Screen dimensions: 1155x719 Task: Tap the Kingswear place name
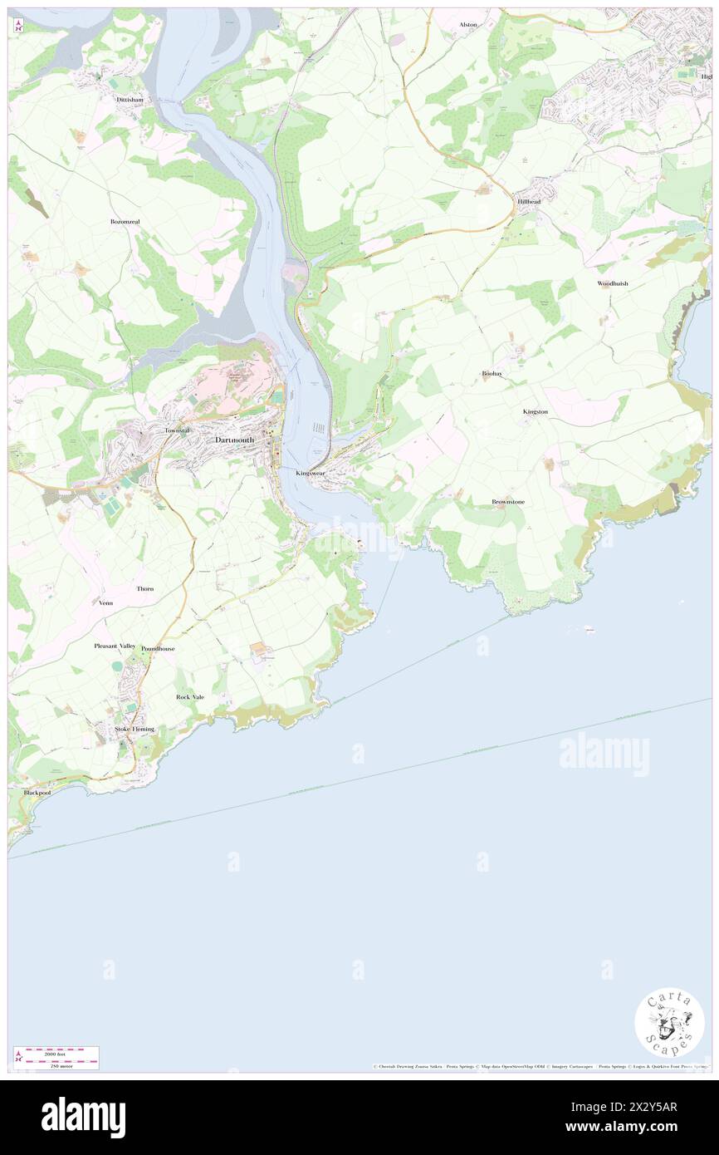coord(311,473)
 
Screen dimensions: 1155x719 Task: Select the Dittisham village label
coord(131,97)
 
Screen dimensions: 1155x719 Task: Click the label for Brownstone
coord(508,502)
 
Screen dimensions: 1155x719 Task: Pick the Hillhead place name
coord(529,202)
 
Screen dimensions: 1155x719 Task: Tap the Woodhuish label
coord(613,283)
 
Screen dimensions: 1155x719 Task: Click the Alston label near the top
coord(468,25)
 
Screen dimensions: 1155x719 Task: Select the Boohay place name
coord(492,374)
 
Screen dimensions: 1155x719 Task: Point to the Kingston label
coord(536,411)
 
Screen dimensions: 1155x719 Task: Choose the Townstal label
coord(178,430)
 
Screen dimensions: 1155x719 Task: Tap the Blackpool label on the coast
coord(37,793)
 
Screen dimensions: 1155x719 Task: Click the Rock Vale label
coord(190,696)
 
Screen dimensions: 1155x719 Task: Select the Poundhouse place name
coord(158,648)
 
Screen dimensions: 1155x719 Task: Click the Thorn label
coord(145,588)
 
